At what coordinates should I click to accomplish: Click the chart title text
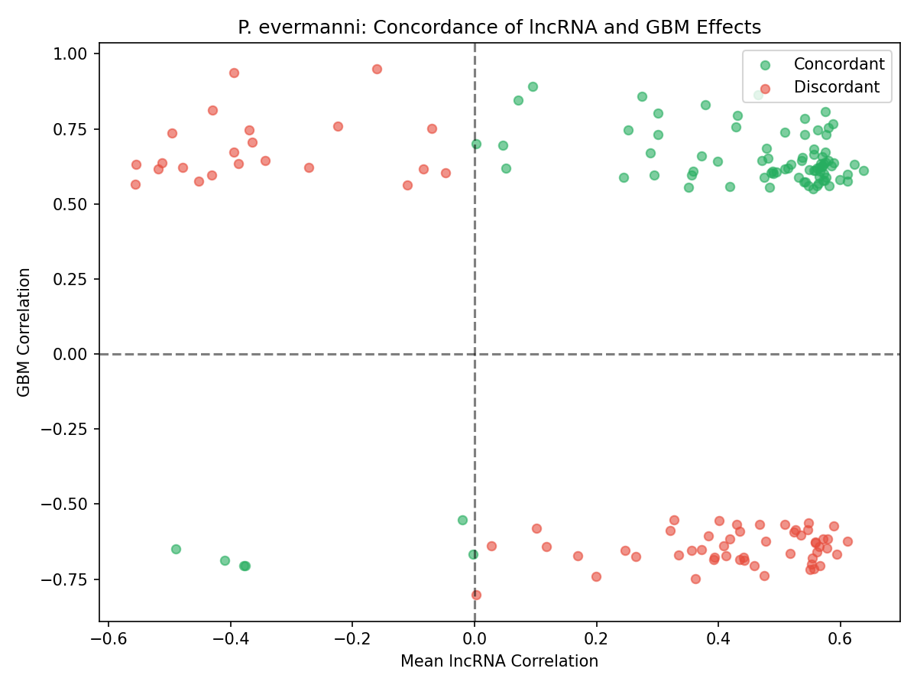499,28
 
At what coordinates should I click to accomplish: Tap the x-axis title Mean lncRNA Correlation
499,661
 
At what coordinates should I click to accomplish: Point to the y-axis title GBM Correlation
24,332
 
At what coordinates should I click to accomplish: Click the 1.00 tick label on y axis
73,54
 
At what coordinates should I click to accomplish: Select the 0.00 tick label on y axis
73,354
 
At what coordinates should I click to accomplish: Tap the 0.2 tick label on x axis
596,638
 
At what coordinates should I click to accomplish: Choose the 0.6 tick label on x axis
840,638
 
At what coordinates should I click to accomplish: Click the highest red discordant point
377,69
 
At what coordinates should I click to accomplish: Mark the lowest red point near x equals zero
476,595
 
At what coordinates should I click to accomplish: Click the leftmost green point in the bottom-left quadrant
176,549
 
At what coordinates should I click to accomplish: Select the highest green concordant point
533,86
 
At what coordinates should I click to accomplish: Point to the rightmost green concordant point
864,170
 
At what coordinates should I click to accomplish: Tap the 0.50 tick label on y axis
73,204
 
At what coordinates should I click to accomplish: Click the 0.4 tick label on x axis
718,638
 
